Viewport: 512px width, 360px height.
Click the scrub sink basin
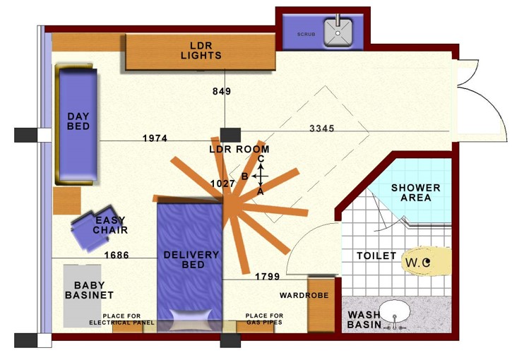coord(338,32)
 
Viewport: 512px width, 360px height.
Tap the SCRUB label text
coord(306,35)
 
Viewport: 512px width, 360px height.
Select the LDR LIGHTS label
coord(201,51)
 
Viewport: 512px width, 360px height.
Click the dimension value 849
coord(222,91)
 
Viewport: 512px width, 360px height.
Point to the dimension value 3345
coord(321,128)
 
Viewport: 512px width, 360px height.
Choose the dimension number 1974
coord(155,138)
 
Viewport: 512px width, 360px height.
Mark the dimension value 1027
coord(222,184)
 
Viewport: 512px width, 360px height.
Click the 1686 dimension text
coord(117,255)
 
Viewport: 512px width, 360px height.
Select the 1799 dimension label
coord(268,277)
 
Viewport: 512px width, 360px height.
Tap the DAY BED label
coord(78,121)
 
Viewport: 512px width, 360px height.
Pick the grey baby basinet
coord(83,296)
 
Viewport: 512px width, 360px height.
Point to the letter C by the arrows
coord(261,159)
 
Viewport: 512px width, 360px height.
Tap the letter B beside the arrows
coord(245,176)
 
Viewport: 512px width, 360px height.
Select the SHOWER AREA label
coord(416,193)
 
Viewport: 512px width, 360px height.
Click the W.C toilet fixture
coord(427,261)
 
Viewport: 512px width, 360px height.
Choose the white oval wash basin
coord(395,311)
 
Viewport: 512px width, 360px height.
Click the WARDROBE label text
coord(304,295)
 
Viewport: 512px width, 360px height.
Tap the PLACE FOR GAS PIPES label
coord(264,319)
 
